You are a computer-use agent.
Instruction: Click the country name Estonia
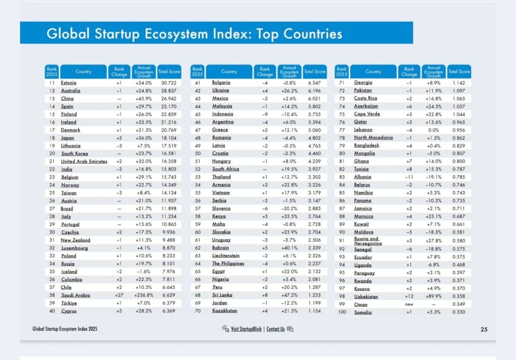pos(69,83)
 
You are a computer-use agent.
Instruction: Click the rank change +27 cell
pos(119,296)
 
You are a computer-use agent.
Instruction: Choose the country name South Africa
pos(225,169)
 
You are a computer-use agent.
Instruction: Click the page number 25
pos(484,330)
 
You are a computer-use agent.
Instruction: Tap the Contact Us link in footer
pos(276,329)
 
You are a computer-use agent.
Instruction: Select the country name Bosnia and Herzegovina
pos(368,241)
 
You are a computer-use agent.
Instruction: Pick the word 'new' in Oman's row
pos(409,305)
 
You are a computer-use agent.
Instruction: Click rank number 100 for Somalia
pos(342,313)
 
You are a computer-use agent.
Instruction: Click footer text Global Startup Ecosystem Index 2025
pos(65,329)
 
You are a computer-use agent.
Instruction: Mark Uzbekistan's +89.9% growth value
pos(434,297)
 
